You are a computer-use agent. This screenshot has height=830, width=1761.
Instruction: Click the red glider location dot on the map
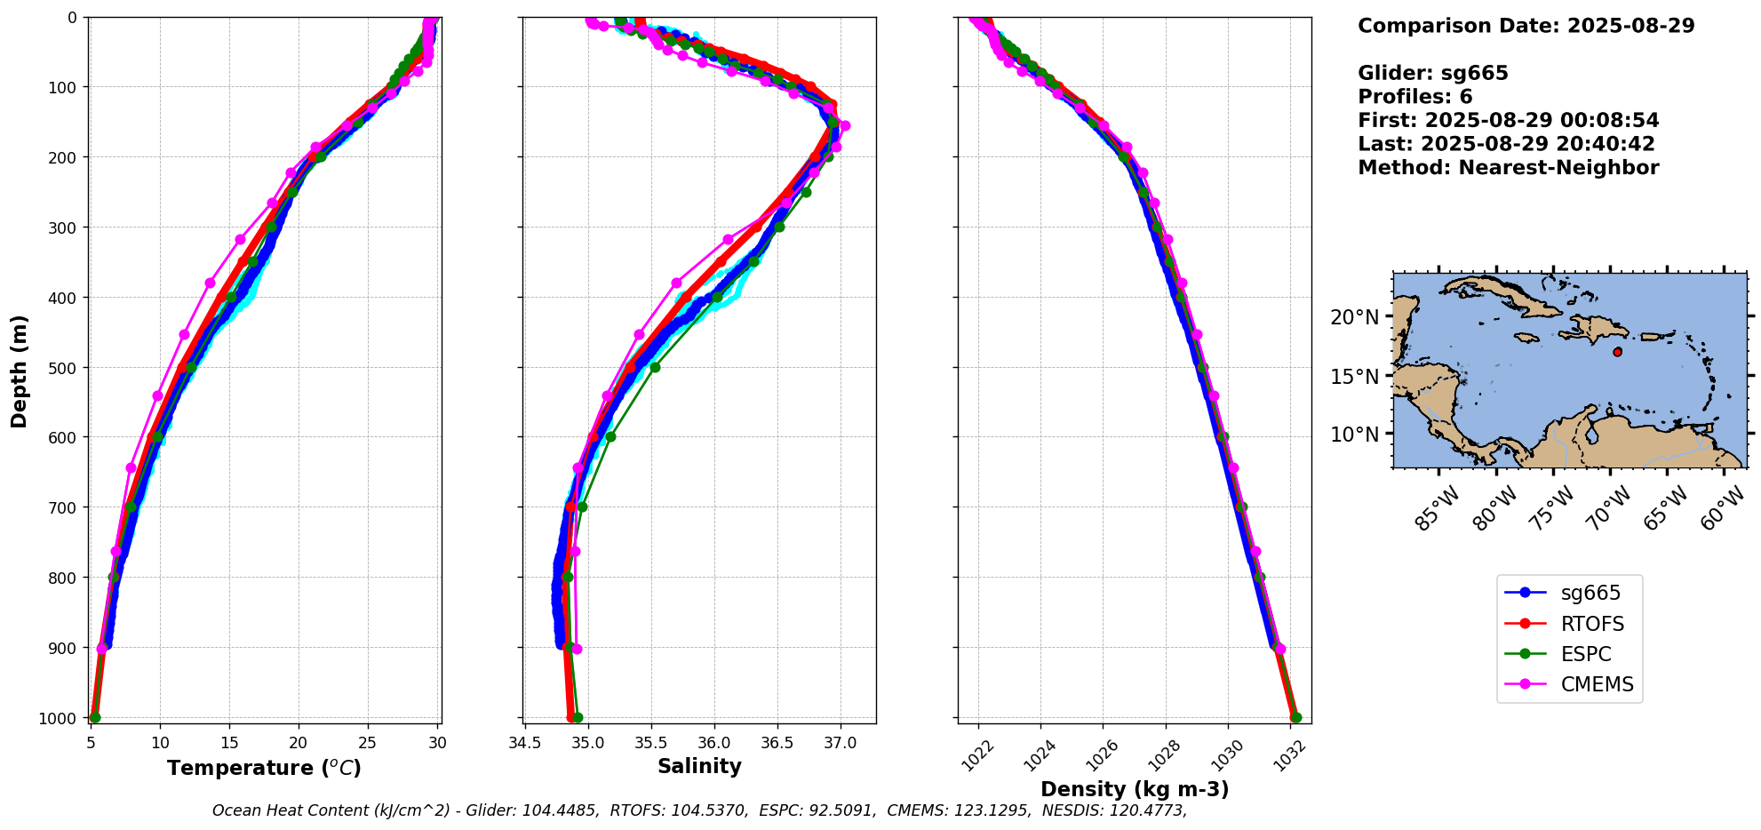1617,352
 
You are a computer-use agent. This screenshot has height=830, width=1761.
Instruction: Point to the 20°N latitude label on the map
1355,317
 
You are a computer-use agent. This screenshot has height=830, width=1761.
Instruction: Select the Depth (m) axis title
19,371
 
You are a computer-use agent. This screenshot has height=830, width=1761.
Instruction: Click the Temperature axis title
264,768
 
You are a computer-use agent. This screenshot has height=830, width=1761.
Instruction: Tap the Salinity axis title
699,766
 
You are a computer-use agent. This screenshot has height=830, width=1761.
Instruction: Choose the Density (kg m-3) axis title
1135,789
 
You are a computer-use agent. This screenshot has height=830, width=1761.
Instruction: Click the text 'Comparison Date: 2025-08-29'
1526,26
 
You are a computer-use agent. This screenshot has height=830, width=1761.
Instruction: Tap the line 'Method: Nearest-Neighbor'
1508,168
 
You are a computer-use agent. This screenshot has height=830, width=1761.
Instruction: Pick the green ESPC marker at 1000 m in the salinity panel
578,717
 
